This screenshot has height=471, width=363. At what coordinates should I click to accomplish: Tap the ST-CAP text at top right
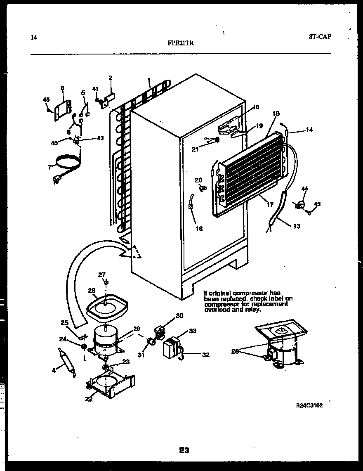tap(320, 36)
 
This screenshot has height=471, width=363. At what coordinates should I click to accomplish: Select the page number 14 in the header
tap(34, 38)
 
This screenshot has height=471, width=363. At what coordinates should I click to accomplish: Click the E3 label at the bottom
tap(184, 450)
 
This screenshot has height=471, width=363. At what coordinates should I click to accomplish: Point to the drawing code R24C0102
tap(309, 405)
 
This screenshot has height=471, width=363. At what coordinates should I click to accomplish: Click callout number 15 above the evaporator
tap(276, 113)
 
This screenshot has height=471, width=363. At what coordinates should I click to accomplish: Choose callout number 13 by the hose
tap(297, 226)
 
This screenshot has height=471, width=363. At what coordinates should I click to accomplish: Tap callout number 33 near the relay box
tap(193, 331)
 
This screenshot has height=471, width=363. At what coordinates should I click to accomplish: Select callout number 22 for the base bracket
tap(89, 398)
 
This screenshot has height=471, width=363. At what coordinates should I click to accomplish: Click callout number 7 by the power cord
tap(50, 167)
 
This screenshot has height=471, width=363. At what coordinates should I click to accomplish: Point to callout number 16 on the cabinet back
tap(199, 229)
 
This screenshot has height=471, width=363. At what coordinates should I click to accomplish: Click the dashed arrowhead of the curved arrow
tap(136, 252)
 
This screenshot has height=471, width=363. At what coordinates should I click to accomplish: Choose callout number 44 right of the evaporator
tap(305, 189)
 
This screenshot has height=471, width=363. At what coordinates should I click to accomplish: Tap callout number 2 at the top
tap(111, 77)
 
